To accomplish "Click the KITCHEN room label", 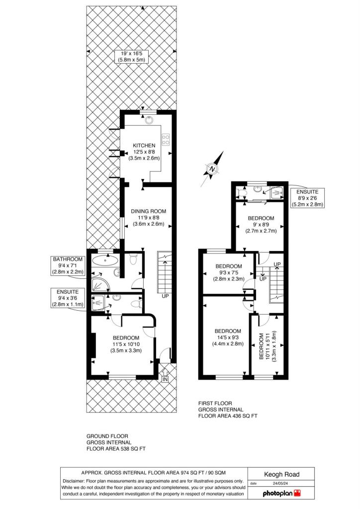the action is [x=144, y=146].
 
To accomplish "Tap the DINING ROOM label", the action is [x=148, y=211].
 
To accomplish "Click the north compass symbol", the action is [x=212, y=169].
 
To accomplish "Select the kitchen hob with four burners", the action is [x=166, y=140].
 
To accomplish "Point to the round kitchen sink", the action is [x=149, y=120].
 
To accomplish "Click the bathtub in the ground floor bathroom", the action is [x=105, y=260].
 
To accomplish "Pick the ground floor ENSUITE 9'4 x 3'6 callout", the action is [x=68, y=298].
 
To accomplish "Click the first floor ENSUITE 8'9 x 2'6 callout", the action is [x=307, y=198].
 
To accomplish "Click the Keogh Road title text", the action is [x=282, y=474].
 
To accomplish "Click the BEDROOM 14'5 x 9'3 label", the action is [x=228, y=338].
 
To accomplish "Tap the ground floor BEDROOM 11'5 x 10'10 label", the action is [x=126, y=344].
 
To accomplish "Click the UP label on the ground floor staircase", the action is [x=165, y=296].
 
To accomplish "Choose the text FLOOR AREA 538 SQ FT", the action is [x=116, y=449].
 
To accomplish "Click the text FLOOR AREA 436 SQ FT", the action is [x=228, y=416].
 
